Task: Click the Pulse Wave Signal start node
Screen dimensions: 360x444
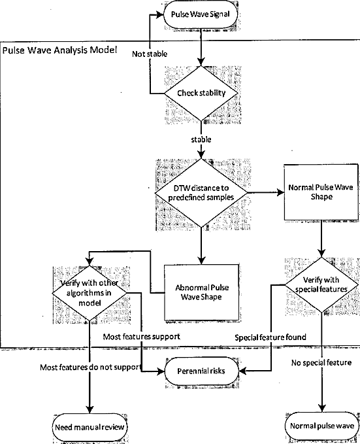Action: pos(201,14)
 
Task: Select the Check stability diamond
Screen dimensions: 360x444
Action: pos(201,93)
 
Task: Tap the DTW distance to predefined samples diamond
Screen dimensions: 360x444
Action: pos(201,193)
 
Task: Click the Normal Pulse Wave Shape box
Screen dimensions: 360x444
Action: pos(321,192)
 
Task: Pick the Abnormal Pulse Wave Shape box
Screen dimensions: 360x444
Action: pos(201,292)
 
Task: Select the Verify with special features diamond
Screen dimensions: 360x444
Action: pos(321,285)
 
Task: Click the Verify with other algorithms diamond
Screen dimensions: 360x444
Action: pos(90,293)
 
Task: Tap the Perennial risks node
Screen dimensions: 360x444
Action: pos(201,371)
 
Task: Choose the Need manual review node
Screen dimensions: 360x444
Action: pos(90,427)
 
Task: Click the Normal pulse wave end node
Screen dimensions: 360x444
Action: pos(322,426)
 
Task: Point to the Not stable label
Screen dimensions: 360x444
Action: pos(150,54)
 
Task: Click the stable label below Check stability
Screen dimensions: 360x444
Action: pos(201,139)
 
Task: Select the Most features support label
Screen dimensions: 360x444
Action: pos(142,336)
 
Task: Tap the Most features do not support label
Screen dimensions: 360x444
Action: pos(91,367)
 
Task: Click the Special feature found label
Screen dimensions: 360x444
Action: pos(270,337)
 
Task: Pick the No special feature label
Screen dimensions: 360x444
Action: pos(321,362)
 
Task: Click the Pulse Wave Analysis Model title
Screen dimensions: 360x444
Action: pos(59,50)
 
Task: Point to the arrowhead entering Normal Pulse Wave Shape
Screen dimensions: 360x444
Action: pos(280,192)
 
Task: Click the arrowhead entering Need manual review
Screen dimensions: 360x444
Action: pos(90,409)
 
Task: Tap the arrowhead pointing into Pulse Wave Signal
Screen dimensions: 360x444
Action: pos(160,14)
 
